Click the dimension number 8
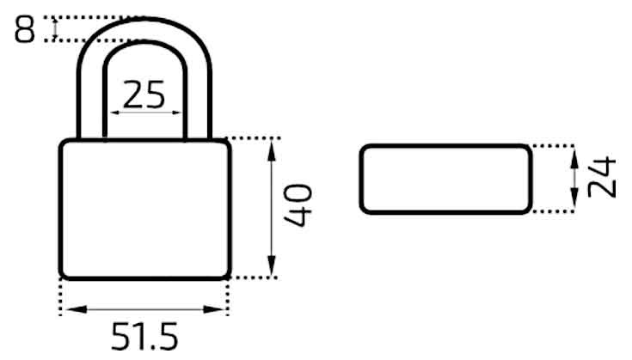[x=25, y=29]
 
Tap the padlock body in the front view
[x=144, y=209]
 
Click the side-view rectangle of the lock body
[x=445, y=179]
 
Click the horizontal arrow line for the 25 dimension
[x=144, y=112]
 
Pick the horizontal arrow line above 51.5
[x=144, y=310]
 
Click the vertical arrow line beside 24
[x=574, y=179]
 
